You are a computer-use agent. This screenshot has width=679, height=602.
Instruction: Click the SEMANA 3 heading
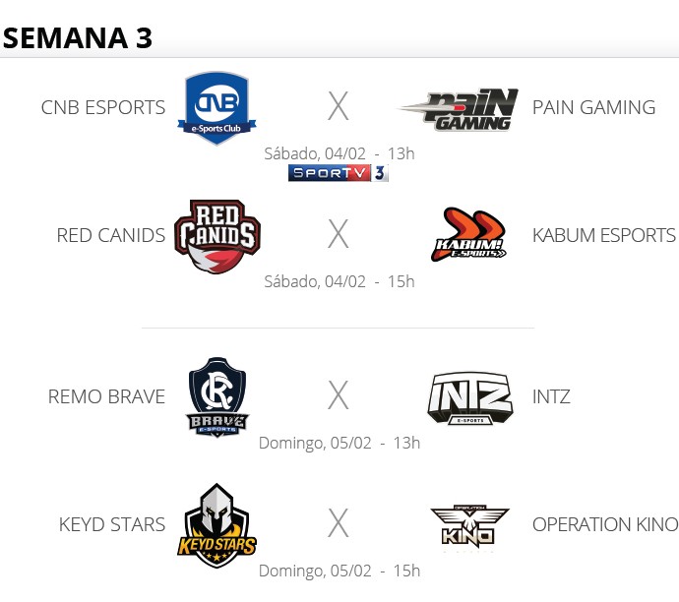click(78, 37)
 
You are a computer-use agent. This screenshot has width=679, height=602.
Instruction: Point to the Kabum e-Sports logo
click(469, 234)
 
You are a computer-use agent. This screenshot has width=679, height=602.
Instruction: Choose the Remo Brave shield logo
click(217, 396)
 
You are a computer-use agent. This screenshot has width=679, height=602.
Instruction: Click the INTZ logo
click(469, 397)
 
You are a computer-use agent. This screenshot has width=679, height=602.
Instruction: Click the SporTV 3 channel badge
click(338, 173)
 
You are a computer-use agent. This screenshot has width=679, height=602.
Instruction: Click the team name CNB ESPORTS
click(103, 107)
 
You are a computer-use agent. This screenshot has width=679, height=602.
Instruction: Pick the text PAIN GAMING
click(593, 107)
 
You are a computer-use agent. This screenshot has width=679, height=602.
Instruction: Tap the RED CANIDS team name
click(111, 236)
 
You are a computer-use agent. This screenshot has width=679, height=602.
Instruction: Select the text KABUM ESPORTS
click(603, 236)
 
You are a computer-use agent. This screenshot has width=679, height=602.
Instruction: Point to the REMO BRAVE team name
click(106, 397)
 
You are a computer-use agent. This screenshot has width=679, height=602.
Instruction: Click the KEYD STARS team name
click(112, 524)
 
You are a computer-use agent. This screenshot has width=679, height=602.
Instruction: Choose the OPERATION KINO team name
click(604, 524)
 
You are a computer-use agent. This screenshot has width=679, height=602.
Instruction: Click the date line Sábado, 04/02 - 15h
click(339, 281)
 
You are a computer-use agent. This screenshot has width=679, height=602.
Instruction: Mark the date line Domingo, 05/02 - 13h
click(339, 443)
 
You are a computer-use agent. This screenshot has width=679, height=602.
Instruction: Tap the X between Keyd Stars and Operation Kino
click(339, 524)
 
